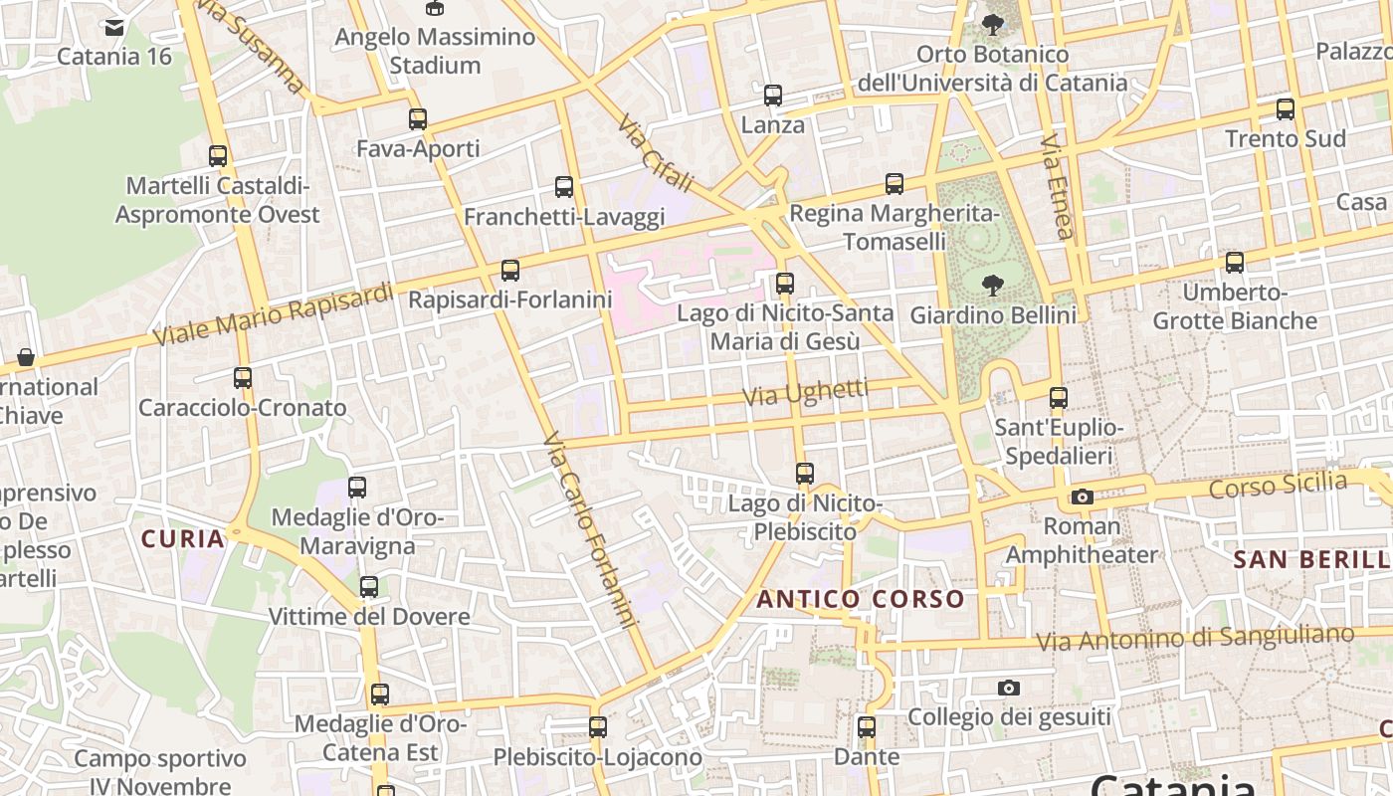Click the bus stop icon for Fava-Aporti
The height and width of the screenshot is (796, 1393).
pyautogui.click(x=418, y=119)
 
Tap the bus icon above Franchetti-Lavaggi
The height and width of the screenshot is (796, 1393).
pyautogui.click(x=564, y=187)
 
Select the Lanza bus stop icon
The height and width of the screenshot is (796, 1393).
pyautogui.click(x=773, y=96)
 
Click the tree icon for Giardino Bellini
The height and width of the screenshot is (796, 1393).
pyautogui.click(x=992, y=286)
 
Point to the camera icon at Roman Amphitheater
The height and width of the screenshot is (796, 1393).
pyautogui.click(x=1083, y=497)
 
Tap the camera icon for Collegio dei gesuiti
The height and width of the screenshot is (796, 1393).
pyautogui.click(x=1009, y=688)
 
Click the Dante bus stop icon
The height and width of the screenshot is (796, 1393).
pyautogui.click(x=867, y=727)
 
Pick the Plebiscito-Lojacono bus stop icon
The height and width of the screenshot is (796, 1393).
pyautogui.click(x=598, y=727)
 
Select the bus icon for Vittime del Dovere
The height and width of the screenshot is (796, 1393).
pyautogui.click(x=369, y=587)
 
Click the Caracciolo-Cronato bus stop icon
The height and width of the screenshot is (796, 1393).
pyautogui.click(x=243, y=378)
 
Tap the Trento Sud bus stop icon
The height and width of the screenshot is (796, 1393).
pyautogui.click(x=1286, y=109)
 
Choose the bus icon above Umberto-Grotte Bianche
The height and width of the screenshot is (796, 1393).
pyautogui.click(x=1235, y=263)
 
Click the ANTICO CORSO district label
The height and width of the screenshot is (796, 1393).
pyautogui.click(x=861, y=599)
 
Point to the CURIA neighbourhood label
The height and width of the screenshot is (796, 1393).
pyautogui.click(x=183, y=539)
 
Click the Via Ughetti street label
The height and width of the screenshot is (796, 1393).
pyautogui.click(x=805, y=393)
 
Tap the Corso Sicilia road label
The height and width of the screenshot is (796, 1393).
pyautogui.click(x=1278, y=487)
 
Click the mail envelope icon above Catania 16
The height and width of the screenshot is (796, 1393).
pyautogui.click(x=114, y=27)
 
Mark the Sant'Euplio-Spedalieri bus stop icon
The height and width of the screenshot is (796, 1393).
pyautogui.click(x=1059, y=398)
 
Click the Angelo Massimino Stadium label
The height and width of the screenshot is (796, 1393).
pyautogui.click(x=435, y=51)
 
